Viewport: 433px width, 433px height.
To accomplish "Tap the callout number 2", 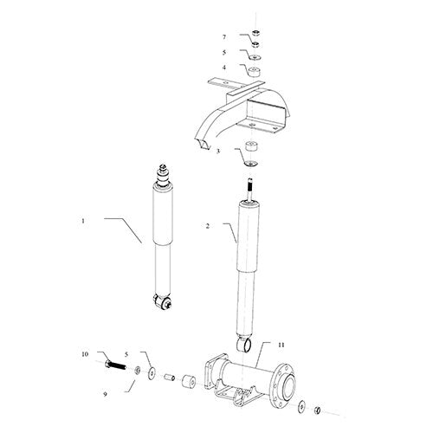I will [208, 227].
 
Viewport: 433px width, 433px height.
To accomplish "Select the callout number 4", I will [224, 67].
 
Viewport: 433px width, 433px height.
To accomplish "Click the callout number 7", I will [224, 37].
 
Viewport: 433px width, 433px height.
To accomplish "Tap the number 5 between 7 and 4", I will [224, 52].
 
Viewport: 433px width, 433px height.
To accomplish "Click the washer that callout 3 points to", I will [251, 162].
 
